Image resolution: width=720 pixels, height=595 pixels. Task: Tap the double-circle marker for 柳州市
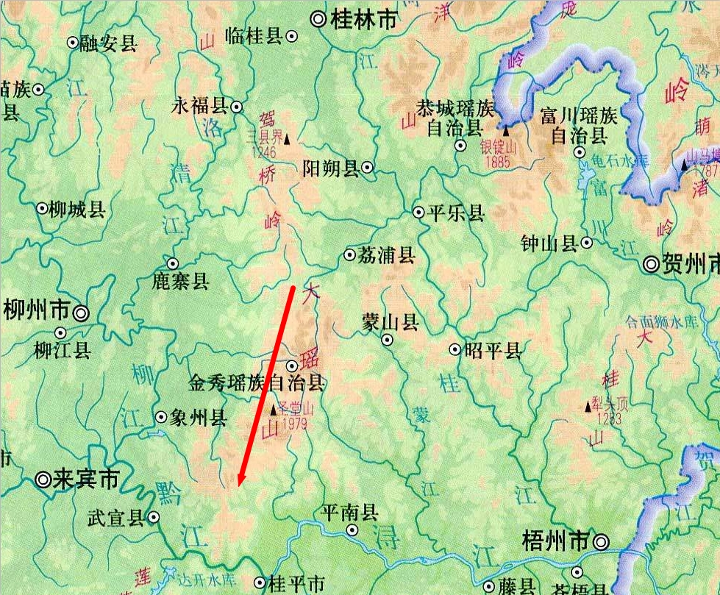click(x=81, y=313)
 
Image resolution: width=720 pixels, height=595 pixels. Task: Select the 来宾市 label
click(x=87, y=480)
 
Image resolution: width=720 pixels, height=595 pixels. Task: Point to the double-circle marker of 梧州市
click(x=602, y=542)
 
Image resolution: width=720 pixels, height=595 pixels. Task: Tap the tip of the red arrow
click(x=239, y=486)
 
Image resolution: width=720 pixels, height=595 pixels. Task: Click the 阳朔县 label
click(x=330, y=169)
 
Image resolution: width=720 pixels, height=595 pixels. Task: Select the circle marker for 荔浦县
click(x=350, y=255)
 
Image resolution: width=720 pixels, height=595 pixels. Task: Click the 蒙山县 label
click(x=391, y=322)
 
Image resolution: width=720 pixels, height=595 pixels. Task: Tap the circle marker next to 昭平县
click(x=455, y=349)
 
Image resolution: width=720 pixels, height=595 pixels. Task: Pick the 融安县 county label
click(x=109, y=44)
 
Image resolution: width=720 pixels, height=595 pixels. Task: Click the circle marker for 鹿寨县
click(x=173, y=263)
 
